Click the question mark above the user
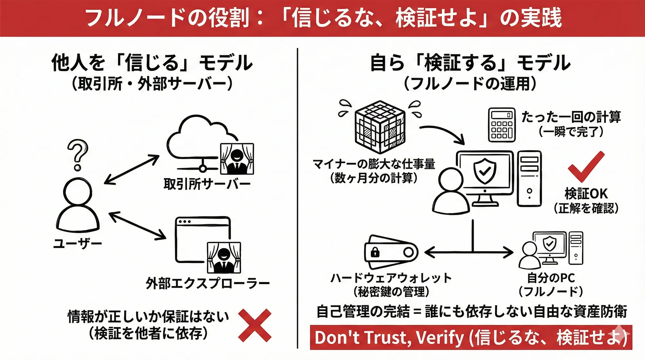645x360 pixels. [x=77, y=154]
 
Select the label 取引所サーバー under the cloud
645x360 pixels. [x=207, y=184]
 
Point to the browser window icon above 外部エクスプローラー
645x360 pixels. [x=193, y=239]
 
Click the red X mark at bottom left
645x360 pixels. [x=254, y=325]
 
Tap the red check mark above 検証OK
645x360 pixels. [x=585, y=166]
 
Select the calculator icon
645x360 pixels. [x=501, y=125]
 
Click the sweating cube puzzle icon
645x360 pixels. [x=380, y=126]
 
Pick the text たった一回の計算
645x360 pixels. [x=571, y=117]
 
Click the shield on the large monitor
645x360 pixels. [x=484, y=171]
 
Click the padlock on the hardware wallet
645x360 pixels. [x=375, y=252]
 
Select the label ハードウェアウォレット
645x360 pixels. [x=391, y=278]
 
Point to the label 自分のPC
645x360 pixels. [x=551, y=278]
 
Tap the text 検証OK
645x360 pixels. [x=586, y=194]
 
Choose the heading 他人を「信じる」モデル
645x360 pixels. [x=152, y=63]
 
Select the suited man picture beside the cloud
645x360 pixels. [x=237, y=159]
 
